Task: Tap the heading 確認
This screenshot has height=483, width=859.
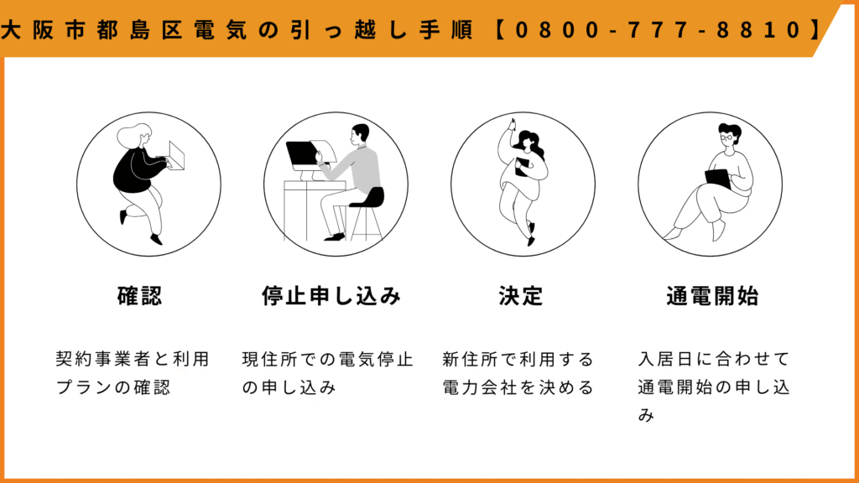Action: (x=140, y=296)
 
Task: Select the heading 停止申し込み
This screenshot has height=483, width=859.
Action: (x=331, y=296)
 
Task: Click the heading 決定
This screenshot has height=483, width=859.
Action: (x=520, y=296)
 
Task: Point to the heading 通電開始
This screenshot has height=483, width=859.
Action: (x=712, y=296)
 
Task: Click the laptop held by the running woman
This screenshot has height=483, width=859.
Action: (x=176, y=155)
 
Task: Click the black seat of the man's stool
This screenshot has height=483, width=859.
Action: (x=368, y=198)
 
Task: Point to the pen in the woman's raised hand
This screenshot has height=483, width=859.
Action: (x=513, y=124)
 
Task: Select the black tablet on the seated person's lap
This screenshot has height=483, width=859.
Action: (x=718, y=179)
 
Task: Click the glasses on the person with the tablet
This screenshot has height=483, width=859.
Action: (x=726, y=138)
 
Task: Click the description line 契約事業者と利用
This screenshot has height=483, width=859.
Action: (x=133, y=359)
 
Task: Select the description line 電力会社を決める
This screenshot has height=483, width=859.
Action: (x=518, y=387)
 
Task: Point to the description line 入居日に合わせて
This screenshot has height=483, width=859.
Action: (x=713, y=359)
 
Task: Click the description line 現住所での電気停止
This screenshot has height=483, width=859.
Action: (x=328, y=359)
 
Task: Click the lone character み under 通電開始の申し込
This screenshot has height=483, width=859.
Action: (x=647, y=415)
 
